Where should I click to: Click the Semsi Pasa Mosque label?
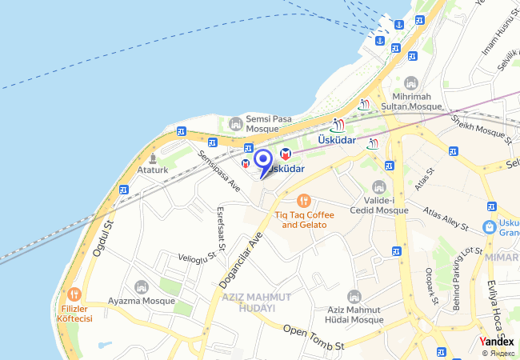tap(262, 123)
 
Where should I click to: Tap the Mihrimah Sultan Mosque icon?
tap(411, 83)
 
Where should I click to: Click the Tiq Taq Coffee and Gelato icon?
tap(303, 201)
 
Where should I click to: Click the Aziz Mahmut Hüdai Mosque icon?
tap(354, 297)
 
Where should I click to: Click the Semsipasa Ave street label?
tap(220, 171)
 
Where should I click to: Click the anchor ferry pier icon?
tap(398, 25)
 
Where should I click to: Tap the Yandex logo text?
tap(496, 341)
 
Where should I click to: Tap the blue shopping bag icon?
tap(487, 228)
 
